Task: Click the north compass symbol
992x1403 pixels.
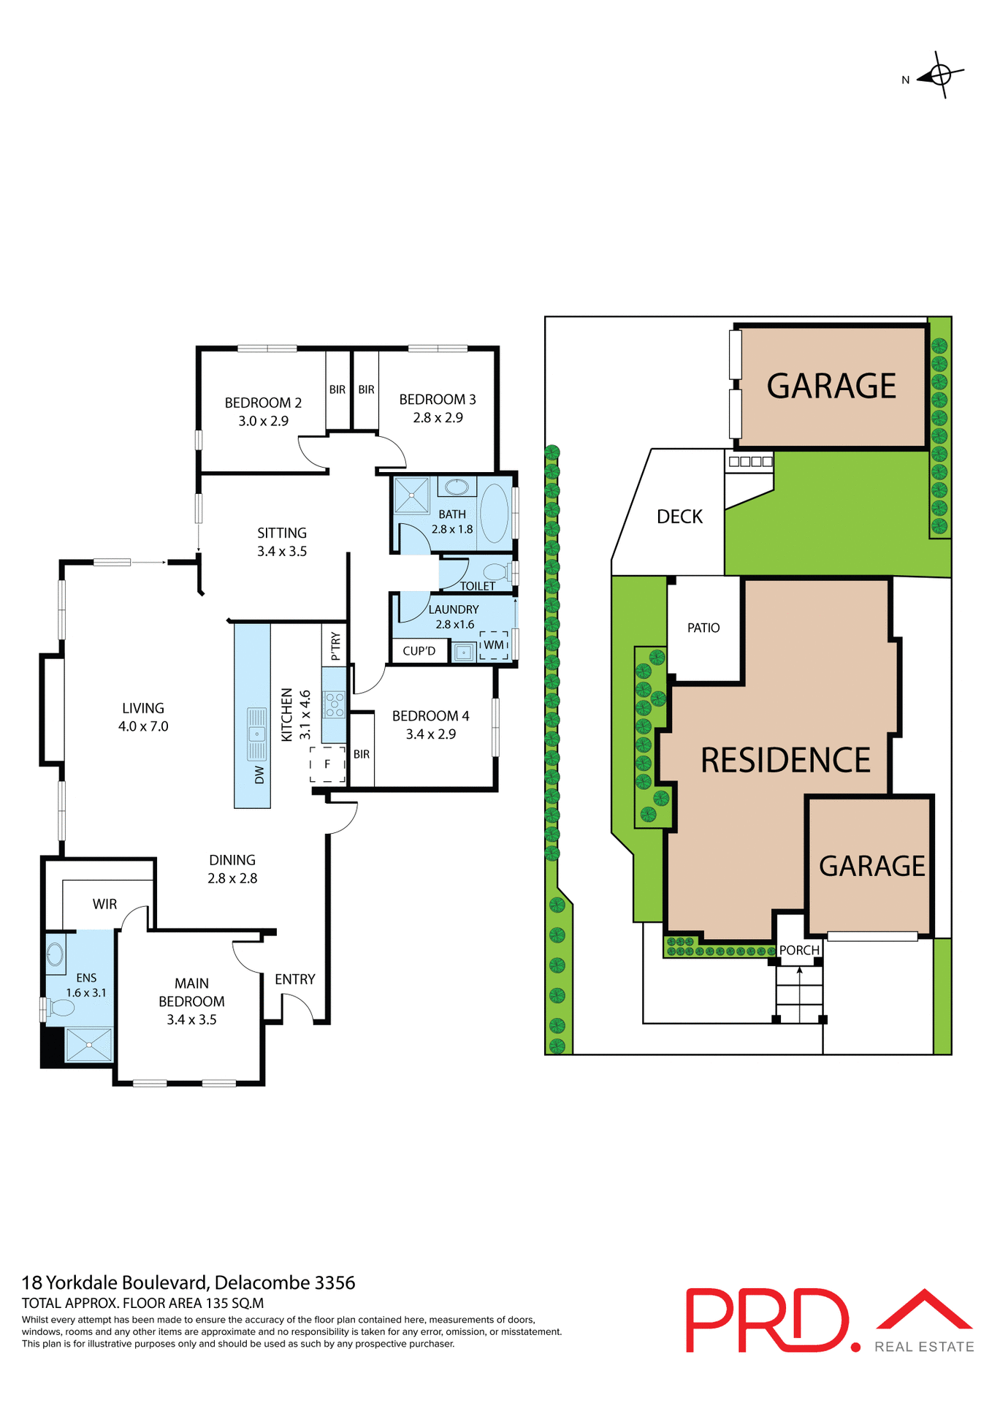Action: tap(941, 75)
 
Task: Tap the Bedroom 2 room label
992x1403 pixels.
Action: tap(263, 403)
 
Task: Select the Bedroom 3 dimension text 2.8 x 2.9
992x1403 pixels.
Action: tap(438, 418)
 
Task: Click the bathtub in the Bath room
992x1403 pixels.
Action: tap(495, 513)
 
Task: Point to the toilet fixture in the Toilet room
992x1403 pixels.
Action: tap(497, 571)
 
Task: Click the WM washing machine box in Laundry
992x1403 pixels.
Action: tap(494, 645)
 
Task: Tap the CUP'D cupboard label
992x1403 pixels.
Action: tap(419, 651)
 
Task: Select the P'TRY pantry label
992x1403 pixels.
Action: tap(335, 646)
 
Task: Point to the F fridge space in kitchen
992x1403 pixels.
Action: tap(327, 764)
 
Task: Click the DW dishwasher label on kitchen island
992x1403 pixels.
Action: tap(259, 775)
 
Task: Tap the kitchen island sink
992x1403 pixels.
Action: tap(256, 734)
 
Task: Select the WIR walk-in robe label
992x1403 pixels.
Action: tap(104, 905)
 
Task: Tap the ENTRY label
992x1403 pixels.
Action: tap(295, 979)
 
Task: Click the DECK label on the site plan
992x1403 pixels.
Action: tap(679, 517)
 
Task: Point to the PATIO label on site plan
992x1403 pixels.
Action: tap(703, 628)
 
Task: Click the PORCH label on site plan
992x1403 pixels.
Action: tap(799, 950)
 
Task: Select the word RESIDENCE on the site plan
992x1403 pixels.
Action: tap(785, 761)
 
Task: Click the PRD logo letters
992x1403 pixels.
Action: tap(767, 1321)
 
